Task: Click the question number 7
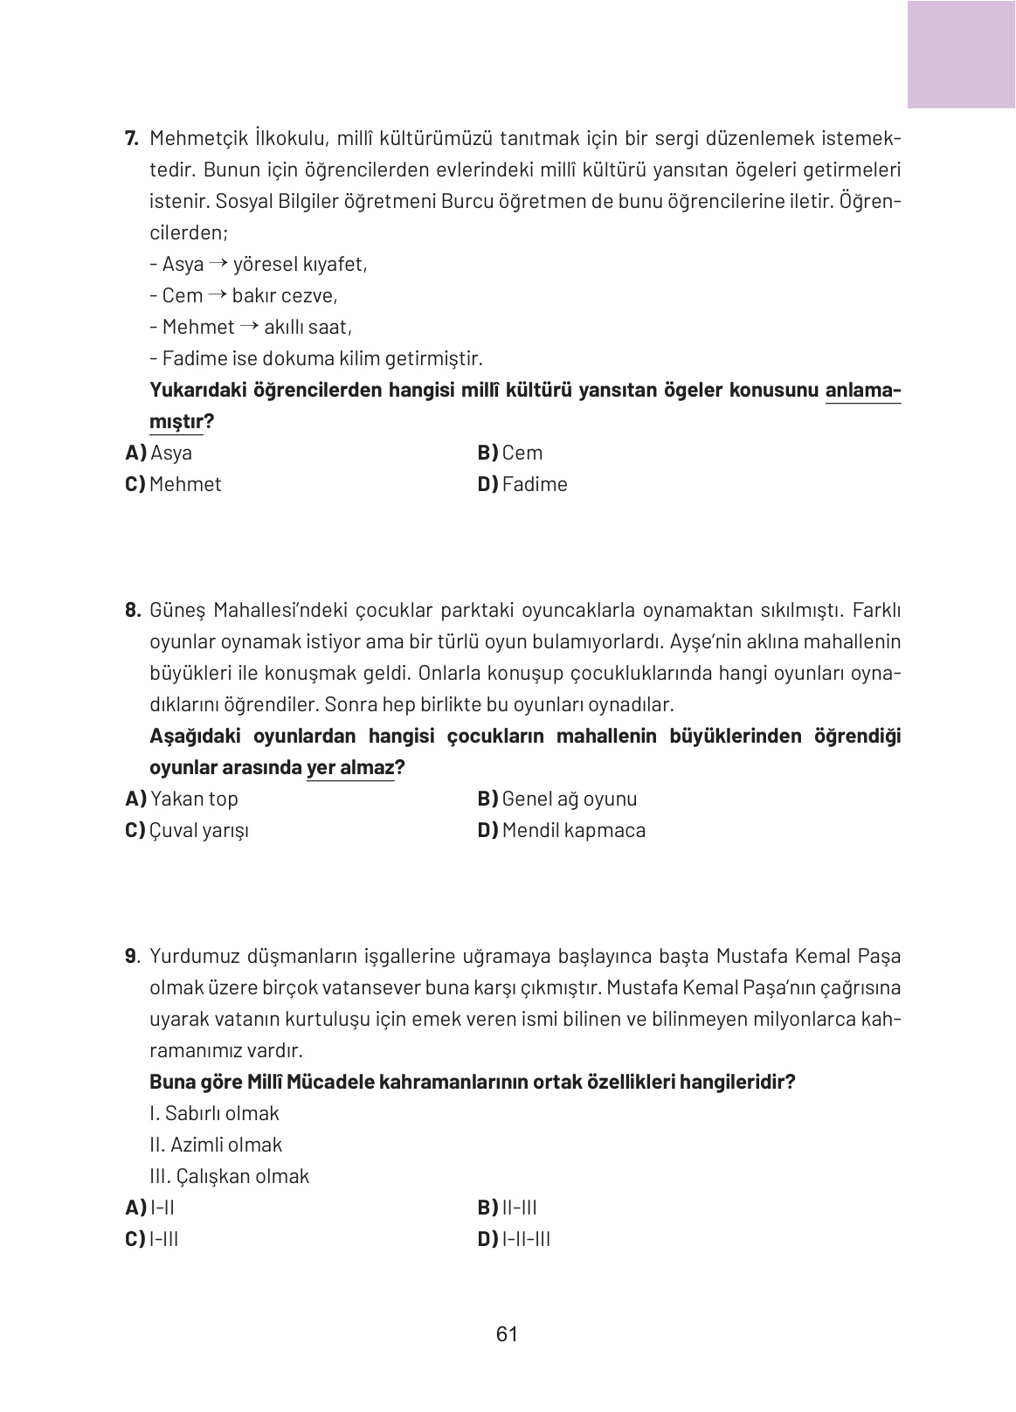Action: click(132, 138)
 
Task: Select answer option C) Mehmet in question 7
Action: click(173, 484)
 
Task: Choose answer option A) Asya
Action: click(159, 453)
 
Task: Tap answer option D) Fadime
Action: click(522, 484)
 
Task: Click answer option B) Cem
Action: click(510, 453)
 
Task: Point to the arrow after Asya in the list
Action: click(218, 264)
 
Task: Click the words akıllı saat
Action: click(308, 327)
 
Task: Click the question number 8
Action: click(132, 610)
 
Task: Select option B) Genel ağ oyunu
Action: click(557, 799)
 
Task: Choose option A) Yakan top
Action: click(182, 799)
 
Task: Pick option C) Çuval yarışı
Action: click(187, 830)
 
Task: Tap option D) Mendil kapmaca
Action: click(562, 830)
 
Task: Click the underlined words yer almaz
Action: click(350, 768)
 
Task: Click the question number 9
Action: click(132, 956)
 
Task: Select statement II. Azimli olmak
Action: click(216, 1145)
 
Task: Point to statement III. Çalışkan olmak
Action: click(229, 1176)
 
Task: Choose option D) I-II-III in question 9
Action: click(515, 1239)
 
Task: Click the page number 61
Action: click(507, 1334)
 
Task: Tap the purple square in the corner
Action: click(961, 54)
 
